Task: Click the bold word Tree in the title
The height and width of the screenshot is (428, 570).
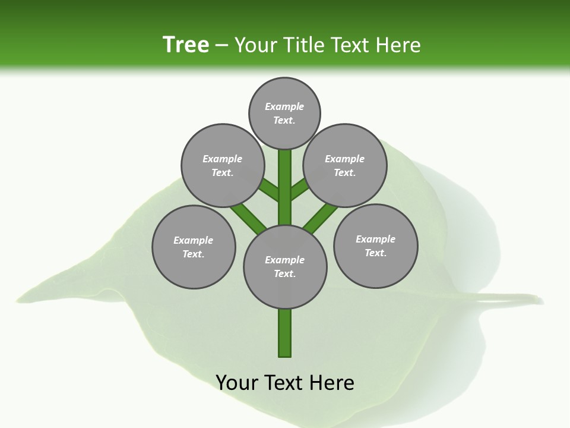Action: click(186, 45)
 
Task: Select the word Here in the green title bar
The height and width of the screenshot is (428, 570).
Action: click(398, 45)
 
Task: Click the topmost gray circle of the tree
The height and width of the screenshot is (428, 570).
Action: click(284, 113)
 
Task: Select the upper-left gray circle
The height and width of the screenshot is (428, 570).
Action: click(222, 165)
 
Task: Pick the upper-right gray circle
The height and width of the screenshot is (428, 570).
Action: click(345, 165)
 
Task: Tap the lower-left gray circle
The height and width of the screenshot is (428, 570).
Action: click(194, 247)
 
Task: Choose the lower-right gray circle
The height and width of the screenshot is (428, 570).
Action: click(375, 246)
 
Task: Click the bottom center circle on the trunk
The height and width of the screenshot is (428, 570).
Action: click(285, 266)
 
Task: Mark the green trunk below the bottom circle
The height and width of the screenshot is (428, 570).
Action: click(285, 333)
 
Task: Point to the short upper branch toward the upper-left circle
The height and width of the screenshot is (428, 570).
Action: click(270, 190)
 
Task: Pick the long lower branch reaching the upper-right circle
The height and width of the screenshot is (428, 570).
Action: click(321, 218)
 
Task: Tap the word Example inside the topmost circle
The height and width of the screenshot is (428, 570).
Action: click(284, 106)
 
